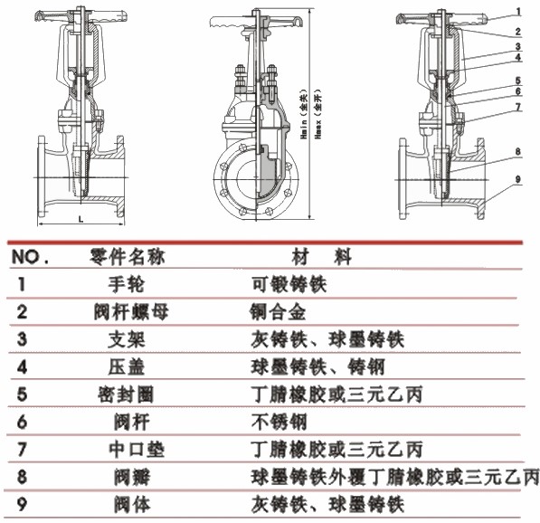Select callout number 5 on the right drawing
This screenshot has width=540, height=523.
point(517,78)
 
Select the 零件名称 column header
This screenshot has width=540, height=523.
point(123,257)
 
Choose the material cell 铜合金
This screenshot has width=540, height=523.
point(276,312)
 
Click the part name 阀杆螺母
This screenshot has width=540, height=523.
point(131,312)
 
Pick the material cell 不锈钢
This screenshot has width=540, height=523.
point(276,421)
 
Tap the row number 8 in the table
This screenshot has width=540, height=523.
point(21,475)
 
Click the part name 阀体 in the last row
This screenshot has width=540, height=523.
point(127,502)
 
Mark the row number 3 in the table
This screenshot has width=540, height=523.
point(21,339)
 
